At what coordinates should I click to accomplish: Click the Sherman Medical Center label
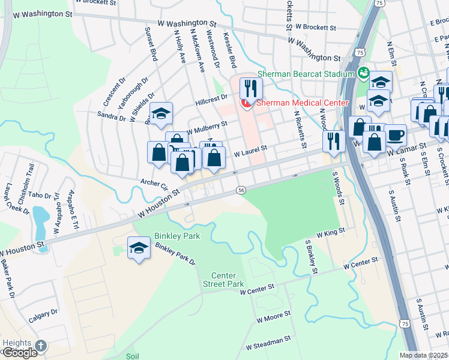click(x=302, y=103)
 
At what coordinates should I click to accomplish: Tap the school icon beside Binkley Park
click(x=139, y=248)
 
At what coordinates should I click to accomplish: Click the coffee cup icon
click(x=394, y=134)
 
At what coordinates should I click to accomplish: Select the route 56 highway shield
click(x=241, y=190)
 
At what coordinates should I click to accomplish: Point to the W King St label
click(x=331, y=231)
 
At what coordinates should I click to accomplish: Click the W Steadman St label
click(x=268, y=342)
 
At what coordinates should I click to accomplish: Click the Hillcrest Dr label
click(x=211, y=100)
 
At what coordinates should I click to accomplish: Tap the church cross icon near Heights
click(x=40, y=346)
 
